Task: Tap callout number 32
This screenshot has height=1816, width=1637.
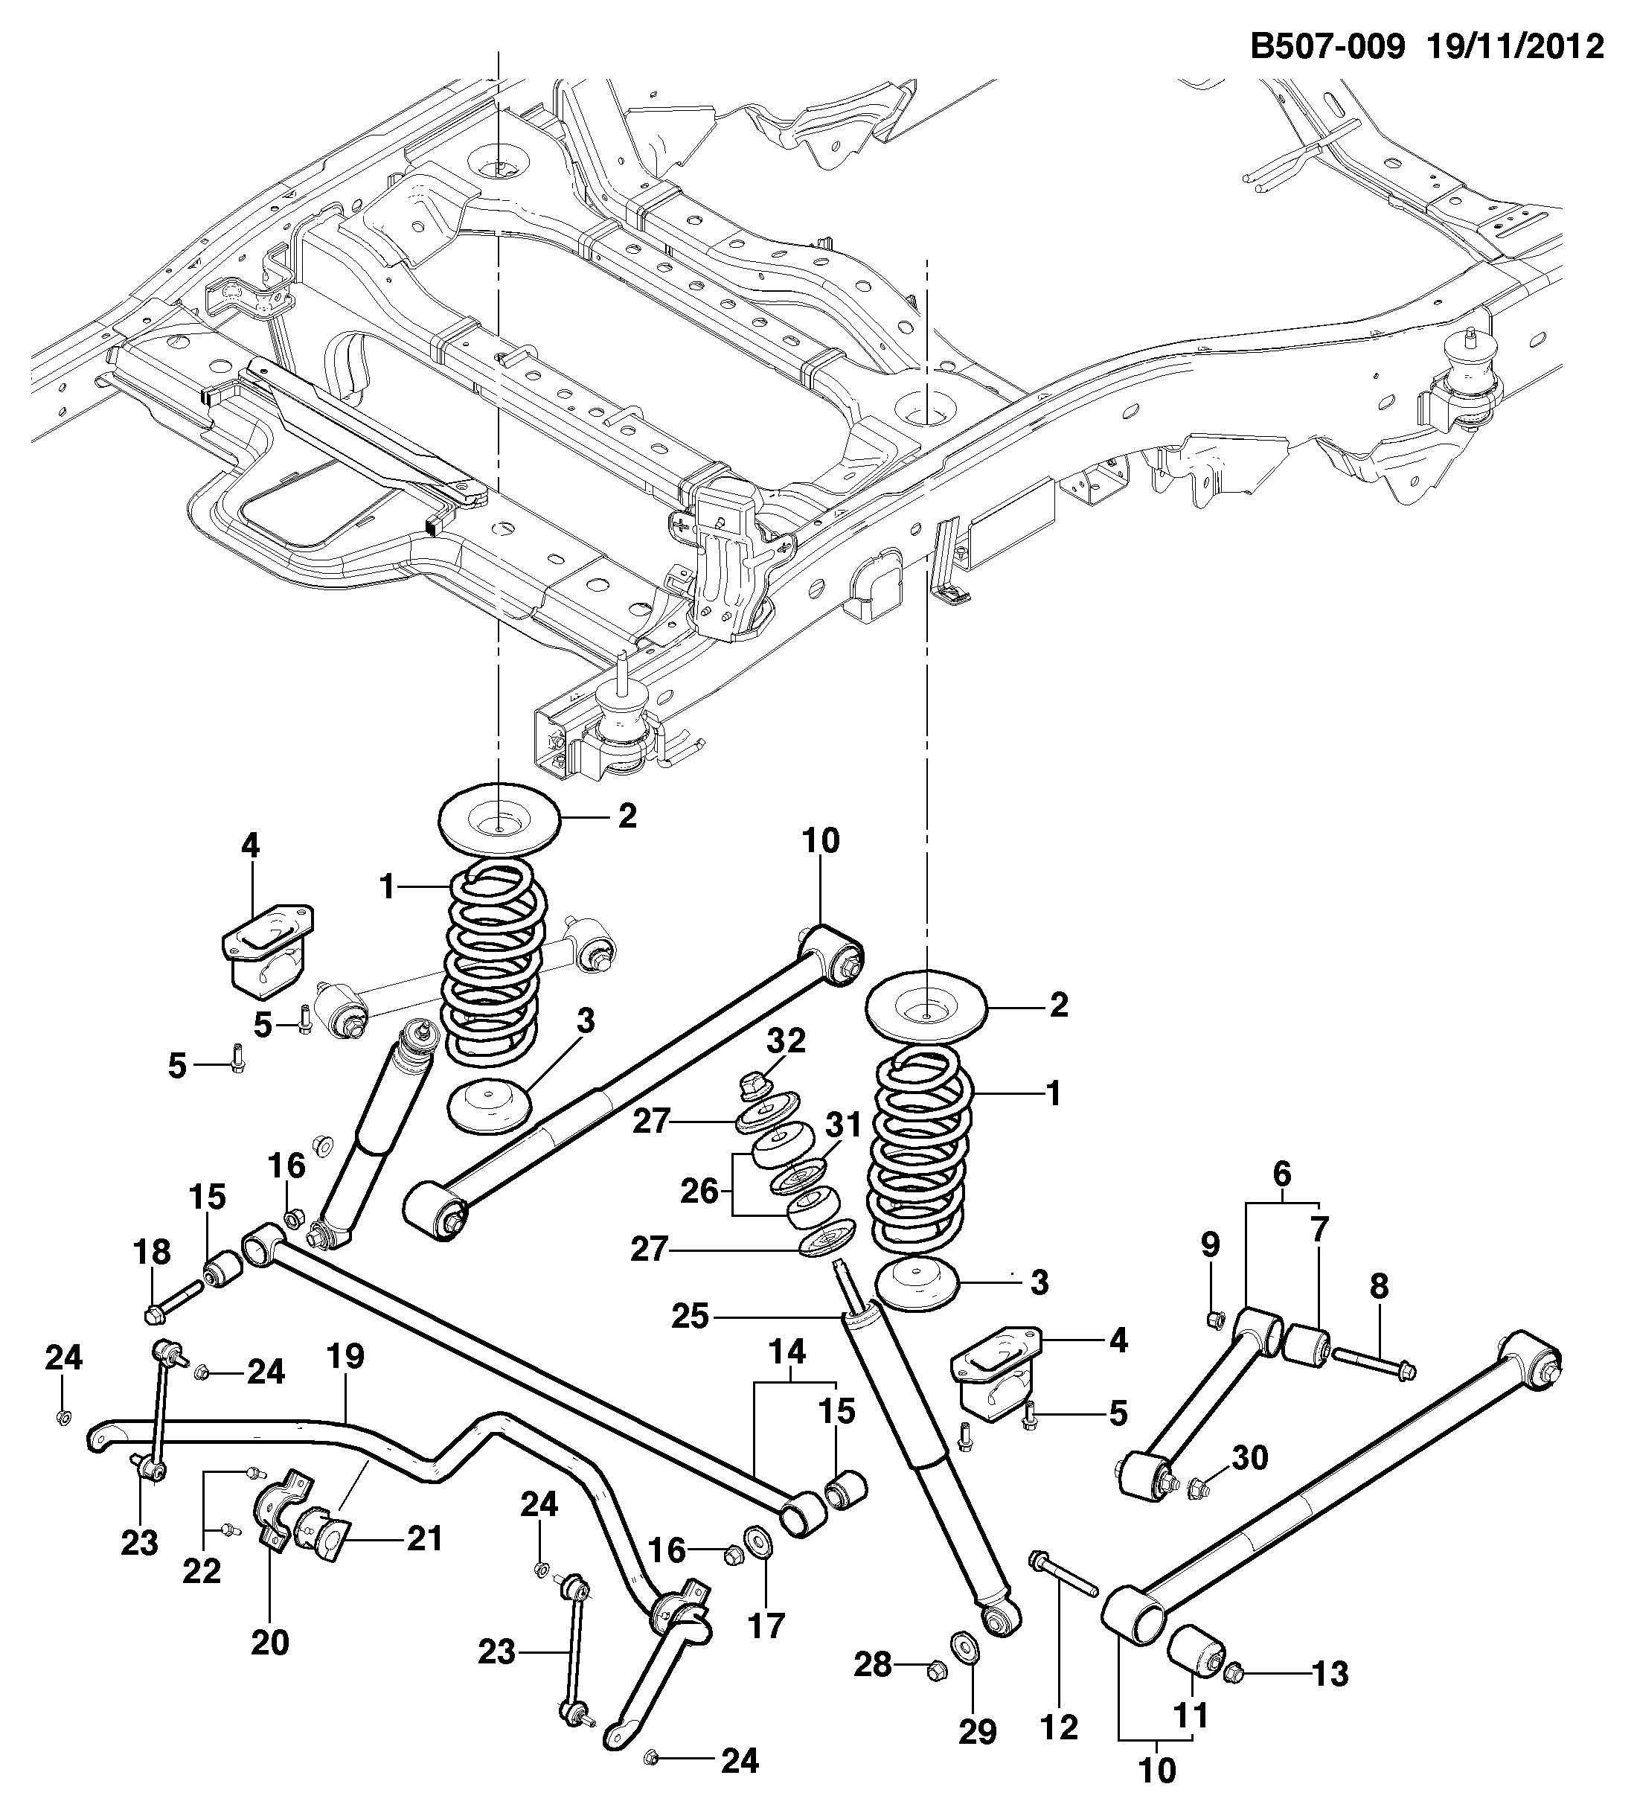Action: (786, 1040)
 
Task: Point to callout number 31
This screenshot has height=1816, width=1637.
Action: (844, 1125)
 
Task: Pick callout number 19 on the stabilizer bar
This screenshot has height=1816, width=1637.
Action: (345, 1355)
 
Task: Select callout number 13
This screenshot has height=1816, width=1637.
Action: (1330, 1674)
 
